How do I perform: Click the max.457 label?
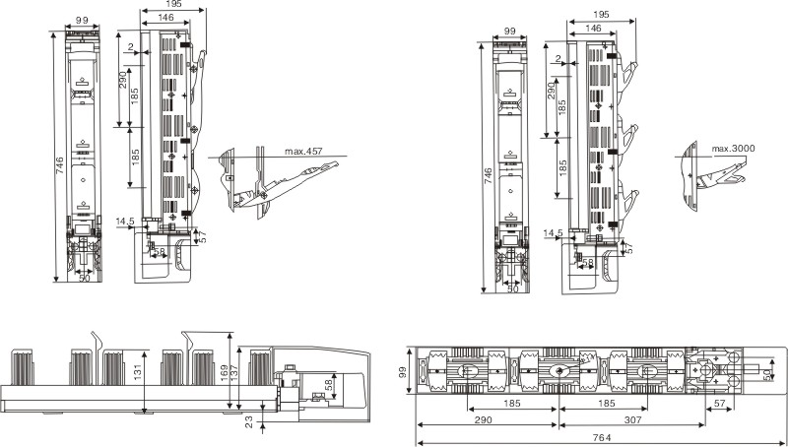pyautogui.click(x=304, y=151)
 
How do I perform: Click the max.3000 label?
pyautogui.click(x=733, y=149)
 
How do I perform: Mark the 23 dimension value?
pyautogui.click(x=248, y=419)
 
